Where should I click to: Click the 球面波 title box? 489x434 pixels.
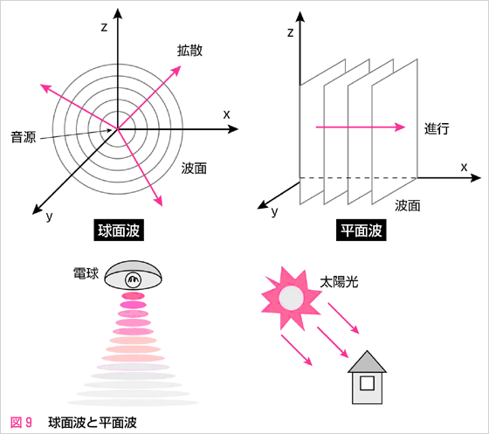pyautogui.click(x=119, y=231)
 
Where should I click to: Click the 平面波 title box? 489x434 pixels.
pyautogui.click(x=362, y=231)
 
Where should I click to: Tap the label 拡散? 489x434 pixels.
pyautogui.click(x=190, y=51)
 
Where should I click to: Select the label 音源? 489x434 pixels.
pyautogui.click(x=24, y=137)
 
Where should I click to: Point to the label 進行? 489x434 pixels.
pyautogui.click(x=437, y=128)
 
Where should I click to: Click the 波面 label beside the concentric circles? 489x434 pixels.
pyautogui.click(x=194, y=169)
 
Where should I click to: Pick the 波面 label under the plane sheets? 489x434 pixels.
pyautogui.click(x=408, y=206)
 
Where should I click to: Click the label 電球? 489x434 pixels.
pyautogui.click(x=86, y=273)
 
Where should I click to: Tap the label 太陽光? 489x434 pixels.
pyautogui.click(x=339, y=282)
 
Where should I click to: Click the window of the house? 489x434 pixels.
pyautogui.click(x=367, y=383)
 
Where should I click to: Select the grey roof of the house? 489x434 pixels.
pyautogui.click(x=367, y=362)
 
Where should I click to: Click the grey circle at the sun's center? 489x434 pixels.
pyautogui.click(x=291, y=298)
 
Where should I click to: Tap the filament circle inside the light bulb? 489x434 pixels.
pyautogui.click(x=133, y=280)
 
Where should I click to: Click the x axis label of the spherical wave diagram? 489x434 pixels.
pyautogui.click(x=226, y=114)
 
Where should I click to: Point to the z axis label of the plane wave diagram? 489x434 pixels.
pyautogui.click(x=290, y=32)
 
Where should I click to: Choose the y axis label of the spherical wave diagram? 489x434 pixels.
pyautogui.click(x=49, y=216)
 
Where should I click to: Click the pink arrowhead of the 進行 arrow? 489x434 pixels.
pyautogui.click(x=400, y=127)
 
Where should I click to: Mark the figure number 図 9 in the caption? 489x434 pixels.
pyautogui.click(x=21, y=423)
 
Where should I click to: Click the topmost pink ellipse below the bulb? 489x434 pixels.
pyautogui.click(x=133, y=295)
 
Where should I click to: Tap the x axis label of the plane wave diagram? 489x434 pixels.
pyautogui.click(x=464, y=168)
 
